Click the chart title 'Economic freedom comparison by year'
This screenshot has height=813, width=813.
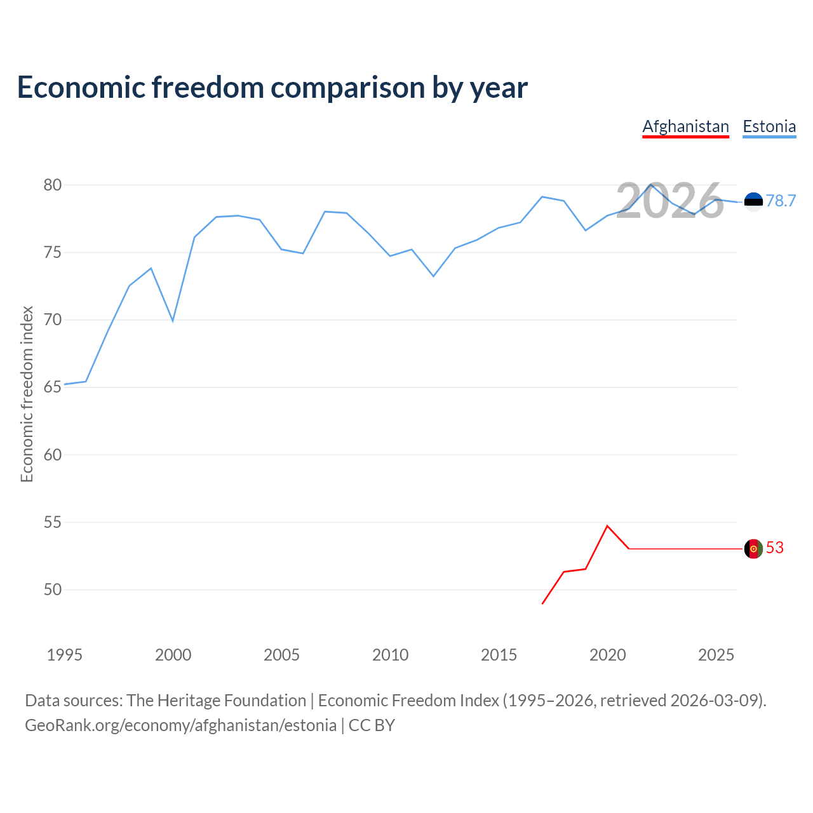(x=272, y=88)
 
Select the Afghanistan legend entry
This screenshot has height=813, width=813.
(x=685, y=126)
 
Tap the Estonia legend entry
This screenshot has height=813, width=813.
(x=769, y=126)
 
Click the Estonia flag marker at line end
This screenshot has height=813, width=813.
(x=753, y=202)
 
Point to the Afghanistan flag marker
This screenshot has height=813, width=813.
(x=753, y=549)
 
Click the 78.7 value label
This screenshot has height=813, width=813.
(x=781, y=201)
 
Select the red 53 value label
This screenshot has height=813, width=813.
(x=775, y=548)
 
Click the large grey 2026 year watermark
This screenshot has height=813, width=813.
(x=669, y=201)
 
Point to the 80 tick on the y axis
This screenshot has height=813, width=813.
(x=53, y=185)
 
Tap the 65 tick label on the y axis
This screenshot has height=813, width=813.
(x=53, y=387)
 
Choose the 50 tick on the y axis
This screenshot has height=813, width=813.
(x=53, y=590)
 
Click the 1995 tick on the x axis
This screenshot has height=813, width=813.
(x=65, y=655)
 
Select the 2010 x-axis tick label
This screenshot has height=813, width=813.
(x=390, y=655)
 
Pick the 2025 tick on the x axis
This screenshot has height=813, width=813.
(x=716, y=655)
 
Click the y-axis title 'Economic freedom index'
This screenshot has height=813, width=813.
(x=27, y=394)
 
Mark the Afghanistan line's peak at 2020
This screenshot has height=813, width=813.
(x=607, y=526)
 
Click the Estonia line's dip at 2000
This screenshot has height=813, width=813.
(x=173, y=321)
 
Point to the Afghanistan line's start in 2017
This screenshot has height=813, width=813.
(x=542, y=603)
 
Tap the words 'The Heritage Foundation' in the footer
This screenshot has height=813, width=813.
(x=216, y=701)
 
